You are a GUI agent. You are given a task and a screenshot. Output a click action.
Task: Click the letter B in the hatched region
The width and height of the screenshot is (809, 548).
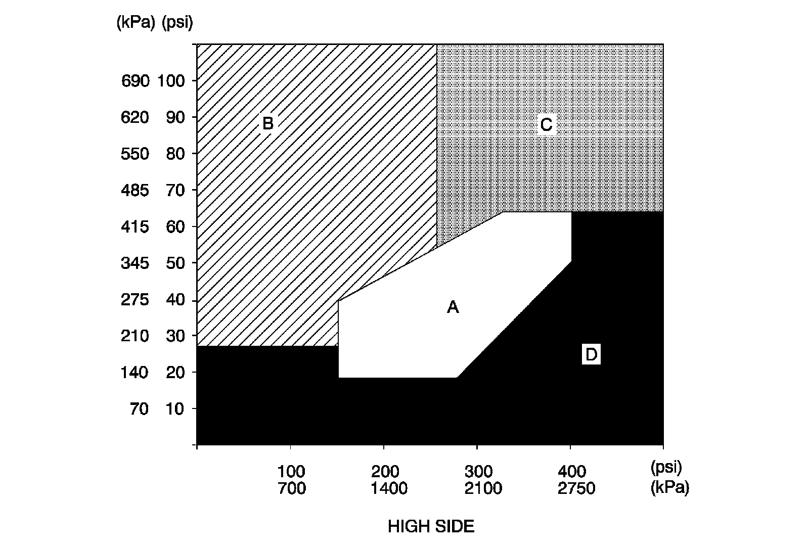click(x=267, y=123)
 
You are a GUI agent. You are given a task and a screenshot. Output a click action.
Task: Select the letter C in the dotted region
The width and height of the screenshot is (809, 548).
click(x=546, y=124)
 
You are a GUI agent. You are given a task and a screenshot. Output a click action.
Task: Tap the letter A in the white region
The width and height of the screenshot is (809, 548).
click(x=453, y=307)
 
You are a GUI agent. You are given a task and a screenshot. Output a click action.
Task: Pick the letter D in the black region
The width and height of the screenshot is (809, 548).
click(x=591, y=354)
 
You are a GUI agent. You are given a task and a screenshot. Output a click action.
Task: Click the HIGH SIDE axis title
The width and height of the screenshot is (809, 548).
click(x=431, y=527)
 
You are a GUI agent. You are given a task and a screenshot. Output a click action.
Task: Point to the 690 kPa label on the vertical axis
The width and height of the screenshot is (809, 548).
click(x=135, y=81)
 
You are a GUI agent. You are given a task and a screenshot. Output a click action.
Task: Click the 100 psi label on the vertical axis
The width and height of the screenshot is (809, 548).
click(x=171, y=81)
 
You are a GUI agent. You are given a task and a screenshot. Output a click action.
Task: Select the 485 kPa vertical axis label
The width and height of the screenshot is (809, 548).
click(x=134, y=190)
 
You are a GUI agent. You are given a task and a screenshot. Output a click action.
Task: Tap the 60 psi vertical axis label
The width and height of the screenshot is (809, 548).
click(x=175, y=226)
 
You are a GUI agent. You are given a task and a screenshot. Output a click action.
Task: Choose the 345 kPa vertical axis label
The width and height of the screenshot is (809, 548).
click(x=134, y=263)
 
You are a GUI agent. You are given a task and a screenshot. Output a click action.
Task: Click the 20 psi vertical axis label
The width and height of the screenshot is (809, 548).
click(x=175, y=373)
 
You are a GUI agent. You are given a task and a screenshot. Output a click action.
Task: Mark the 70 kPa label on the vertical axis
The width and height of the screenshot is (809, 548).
click(x=140, y=409)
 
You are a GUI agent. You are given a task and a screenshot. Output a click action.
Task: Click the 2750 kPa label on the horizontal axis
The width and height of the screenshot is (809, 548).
click(x=576, y=488)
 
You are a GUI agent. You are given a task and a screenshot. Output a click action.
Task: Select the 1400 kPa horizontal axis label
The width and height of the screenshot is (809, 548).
click(x=389, y=488)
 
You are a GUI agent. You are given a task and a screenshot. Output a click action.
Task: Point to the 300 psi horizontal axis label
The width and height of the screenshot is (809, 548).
click(x=478, y=472)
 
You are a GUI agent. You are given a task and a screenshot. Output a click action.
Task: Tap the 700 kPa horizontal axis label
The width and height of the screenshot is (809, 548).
click(x=292, y=488)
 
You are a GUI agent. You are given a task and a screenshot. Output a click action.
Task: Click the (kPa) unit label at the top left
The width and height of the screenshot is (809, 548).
click(x=136, y=22)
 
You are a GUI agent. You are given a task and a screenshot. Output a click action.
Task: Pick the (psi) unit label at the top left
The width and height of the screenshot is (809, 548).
click(x=177, y=22)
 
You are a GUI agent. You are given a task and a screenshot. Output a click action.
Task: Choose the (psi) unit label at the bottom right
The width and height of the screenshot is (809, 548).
click(x=666, y=468)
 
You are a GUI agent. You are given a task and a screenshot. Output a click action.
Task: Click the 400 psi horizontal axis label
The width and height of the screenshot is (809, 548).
click(x=572, y=472)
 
